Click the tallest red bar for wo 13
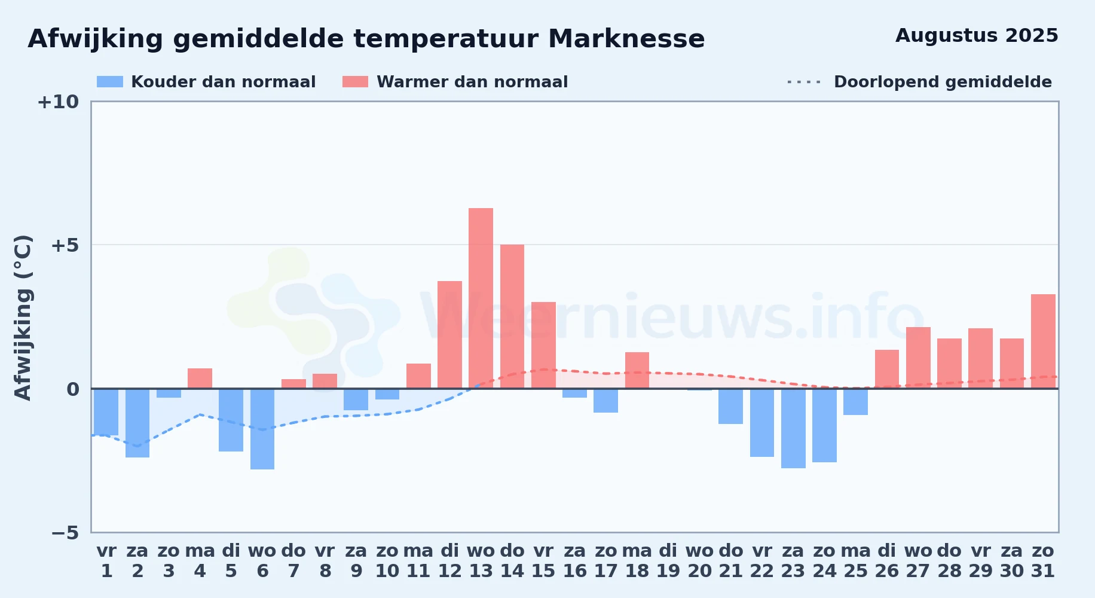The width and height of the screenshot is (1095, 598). click(481, 298)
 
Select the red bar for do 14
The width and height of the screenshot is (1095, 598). click(512, 316)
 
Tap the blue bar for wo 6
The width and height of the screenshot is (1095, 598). click(262, 429)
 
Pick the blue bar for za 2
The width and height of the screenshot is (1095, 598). click(137, 423)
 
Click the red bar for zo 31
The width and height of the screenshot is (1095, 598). click(1043, 341)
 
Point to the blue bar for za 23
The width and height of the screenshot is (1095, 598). click(793, 428)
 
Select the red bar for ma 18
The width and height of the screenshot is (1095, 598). click(637, 370)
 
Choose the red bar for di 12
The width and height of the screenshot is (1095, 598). click(449, 335)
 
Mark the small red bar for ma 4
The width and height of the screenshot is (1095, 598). click(200, 379)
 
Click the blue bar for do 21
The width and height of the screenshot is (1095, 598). click(730, 406)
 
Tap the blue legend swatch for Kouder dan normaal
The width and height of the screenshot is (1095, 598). click(110, 82)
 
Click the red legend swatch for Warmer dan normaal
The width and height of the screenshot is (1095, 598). click(355, 82)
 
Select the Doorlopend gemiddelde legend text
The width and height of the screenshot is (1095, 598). click(943, 82)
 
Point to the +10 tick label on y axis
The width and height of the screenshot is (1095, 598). click(58, 102)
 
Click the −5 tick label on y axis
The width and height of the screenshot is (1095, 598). click(65, 533)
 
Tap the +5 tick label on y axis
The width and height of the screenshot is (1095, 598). click(65, 245)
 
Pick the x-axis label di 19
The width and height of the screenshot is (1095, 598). click(668, 561)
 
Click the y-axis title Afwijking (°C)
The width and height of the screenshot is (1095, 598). click(23, 317)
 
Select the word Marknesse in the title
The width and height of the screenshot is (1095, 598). click(626, 39)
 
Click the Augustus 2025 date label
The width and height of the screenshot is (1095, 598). click(977, 36)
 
